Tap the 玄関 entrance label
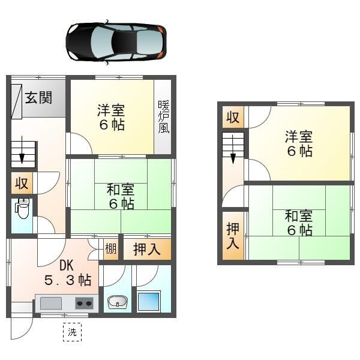pos(38,97)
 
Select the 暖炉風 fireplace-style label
pos(163,116)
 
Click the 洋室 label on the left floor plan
pos(112,118)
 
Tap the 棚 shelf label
pos(111,249)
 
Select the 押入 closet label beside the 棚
pos(146,249)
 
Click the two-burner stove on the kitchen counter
pos(85,303)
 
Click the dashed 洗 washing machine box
pos(72,331)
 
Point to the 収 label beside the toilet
pos(22,183)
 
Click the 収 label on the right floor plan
pos(232,118)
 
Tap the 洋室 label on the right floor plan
pos(298,143)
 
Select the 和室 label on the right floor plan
pos(298,222)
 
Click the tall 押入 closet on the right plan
pos(233,235)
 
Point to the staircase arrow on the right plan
pos(233,155)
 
